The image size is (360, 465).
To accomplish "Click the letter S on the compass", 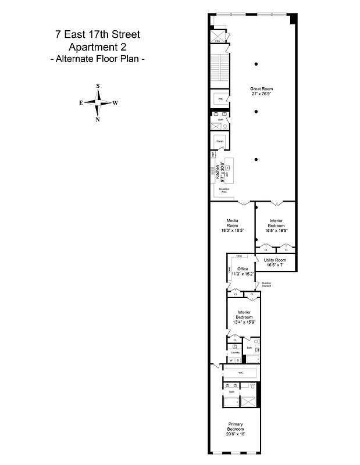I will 98,86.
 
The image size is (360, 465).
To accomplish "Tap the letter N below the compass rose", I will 98,120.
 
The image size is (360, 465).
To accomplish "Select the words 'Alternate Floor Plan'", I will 98,59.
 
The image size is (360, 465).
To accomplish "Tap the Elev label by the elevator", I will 217,41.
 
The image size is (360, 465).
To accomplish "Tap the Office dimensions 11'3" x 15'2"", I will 243,273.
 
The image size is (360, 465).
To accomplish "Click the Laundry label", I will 236,352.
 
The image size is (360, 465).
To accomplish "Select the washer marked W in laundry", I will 230,360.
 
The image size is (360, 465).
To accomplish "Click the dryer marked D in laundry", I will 238,360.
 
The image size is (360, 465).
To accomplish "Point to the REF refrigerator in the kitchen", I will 213,155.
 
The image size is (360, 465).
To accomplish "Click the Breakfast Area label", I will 223,190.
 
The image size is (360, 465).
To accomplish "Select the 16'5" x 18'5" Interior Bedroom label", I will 277,224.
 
